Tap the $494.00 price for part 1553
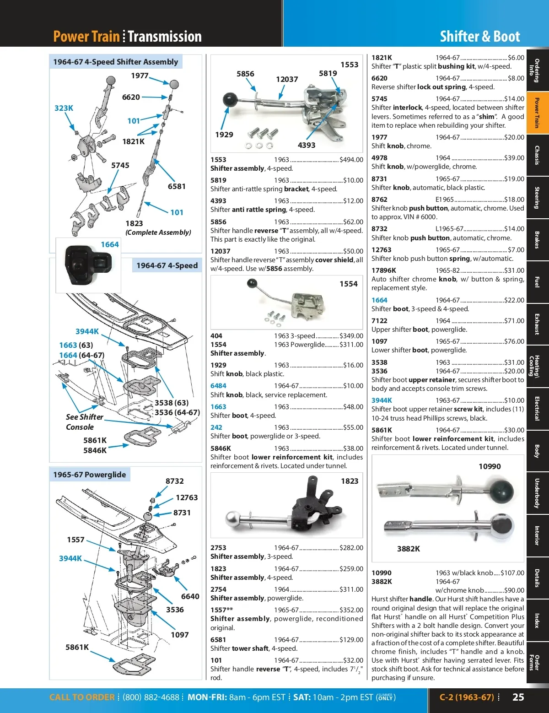click(x=351, y=160)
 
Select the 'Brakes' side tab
click(x=538, y=239)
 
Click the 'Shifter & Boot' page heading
click(x=479, y=37)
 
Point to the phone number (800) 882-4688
click(x=151, y=697)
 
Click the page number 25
click(x=518, y=697)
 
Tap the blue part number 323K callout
click(x=64, y=108)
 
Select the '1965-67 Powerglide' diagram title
click(x=90, y=475)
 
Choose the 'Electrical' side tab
click(x=538, y=408)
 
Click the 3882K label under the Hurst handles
click(x=408, y=549)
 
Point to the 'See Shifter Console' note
click(x=84, y=422)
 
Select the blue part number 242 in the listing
click(x=216, y=427)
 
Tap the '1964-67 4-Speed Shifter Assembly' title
click(x=115, y=62)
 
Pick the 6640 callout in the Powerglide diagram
click(x=190, y=596)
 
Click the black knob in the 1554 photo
click(x=252, y=284)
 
